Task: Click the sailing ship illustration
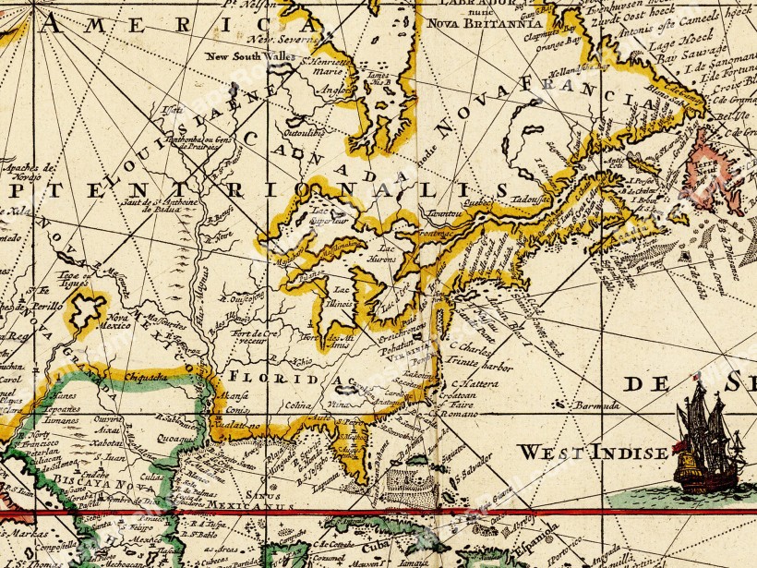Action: click(x=709, y=439)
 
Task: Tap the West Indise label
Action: click(x=592, y=453)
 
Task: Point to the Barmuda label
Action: click(x=594, y=405)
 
